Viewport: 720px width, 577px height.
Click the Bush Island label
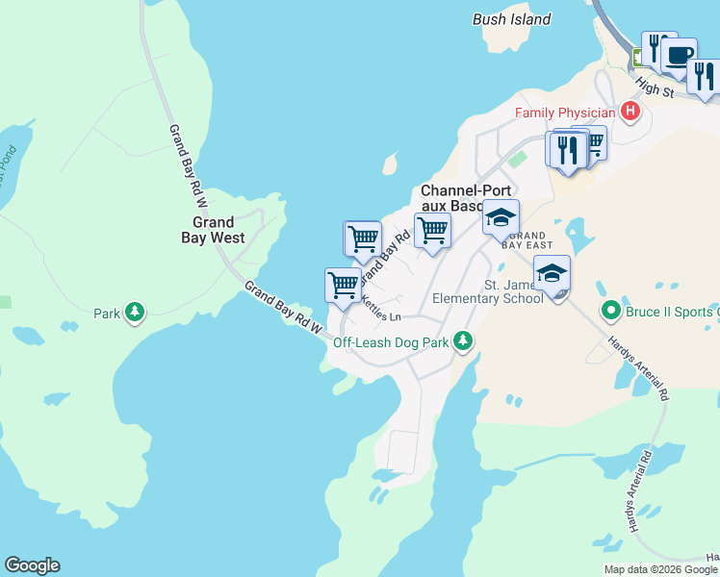tap(511, 19)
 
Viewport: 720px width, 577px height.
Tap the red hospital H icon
tap(630, 113)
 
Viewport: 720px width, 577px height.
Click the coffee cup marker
tap(679, 55)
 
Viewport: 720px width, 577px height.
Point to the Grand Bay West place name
tap(213, 230)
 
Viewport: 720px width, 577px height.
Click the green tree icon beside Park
tap(136, 313)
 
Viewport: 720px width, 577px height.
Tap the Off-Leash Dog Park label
tap(391, 341)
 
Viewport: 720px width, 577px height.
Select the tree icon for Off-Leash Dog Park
tap(463, 341)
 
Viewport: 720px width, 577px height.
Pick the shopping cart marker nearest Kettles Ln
tap(343, 285)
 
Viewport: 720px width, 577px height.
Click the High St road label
tap(654, 88)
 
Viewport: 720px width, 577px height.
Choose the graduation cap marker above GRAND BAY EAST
tap(501, 217)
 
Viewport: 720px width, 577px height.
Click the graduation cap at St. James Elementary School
tap(552, 273)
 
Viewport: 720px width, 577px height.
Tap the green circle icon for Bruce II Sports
tap(608, 311)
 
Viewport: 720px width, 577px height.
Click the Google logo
tap(32, 565)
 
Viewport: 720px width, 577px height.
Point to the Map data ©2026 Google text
tap(659, 569)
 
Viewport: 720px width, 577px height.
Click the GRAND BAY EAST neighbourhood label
tap(527, 240)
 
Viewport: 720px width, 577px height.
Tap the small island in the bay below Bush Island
tap(390, 164)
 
